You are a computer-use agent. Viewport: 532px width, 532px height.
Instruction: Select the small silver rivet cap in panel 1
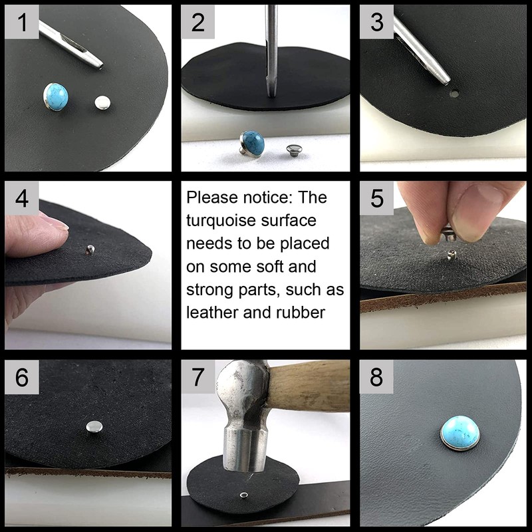pos(102,102)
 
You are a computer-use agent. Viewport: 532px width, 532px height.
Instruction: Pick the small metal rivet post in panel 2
pos(293,148)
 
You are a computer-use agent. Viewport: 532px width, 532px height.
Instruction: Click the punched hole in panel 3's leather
pos(454,93)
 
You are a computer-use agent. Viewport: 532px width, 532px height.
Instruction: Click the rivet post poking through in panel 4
pos(90,250)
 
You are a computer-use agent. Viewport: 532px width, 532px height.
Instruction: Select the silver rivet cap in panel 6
pos(94,426)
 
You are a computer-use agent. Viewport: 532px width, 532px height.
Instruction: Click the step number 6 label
pos(21,377)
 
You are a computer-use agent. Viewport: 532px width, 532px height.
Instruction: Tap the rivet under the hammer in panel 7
pos(244,495)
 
